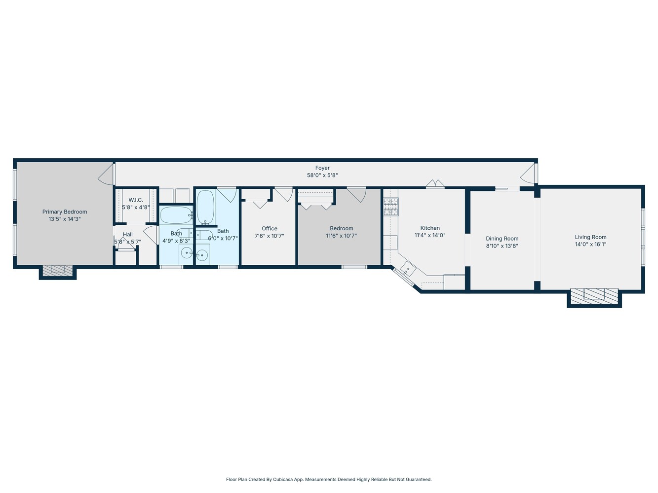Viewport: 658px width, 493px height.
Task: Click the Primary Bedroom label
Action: click(65, 212)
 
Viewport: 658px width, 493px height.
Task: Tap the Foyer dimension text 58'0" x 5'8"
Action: click(322, 176)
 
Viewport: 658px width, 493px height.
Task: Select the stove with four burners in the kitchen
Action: click(391, 207)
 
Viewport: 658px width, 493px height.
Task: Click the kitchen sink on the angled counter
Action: click(409, 269)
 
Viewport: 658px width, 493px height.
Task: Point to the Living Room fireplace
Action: click(594, 295)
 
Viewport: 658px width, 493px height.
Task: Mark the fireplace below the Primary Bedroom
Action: click(58, 270)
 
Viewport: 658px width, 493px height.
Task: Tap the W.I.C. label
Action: click(136, 200)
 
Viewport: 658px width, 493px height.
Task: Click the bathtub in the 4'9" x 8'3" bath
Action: click(176, 215)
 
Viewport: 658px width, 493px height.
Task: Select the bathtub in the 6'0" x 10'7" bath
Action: click(205, 207)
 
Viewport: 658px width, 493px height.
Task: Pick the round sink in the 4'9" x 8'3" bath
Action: click(187, 253)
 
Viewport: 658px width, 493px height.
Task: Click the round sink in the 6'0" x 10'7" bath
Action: click(202, 255)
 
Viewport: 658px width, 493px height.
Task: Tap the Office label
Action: click(270, 229)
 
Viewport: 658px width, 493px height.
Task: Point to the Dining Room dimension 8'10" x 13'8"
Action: click(502, 246)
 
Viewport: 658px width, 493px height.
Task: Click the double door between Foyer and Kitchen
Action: click(435, 184)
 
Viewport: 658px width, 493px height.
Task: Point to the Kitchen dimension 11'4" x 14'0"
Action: click(430, 236)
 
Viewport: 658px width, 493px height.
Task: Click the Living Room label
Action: click(590, 237)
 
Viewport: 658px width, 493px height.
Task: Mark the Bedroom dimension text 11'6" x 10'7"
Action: click(342, 236)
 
